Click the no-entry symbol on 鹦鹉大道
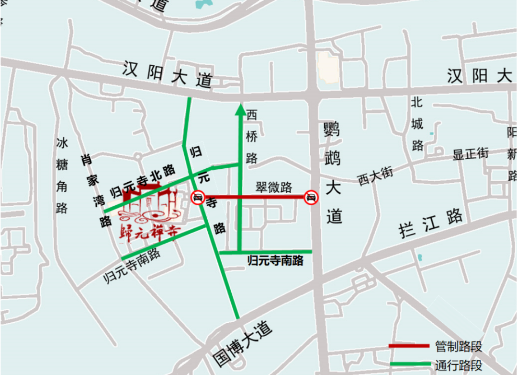pos(311,197)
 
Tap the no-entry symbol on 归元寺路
pos(198,197)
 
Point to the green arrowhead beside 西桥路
pos(240,110)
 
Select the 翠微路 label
pos(273,187)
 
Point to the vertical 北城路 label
pos(417,123)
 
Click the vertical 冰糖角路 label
pos(62,175)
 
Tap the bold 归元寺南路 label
pos(275,261)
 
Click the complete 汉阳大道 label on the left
pos(167,74)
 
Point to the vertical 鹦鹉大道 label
pos(332,173)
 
